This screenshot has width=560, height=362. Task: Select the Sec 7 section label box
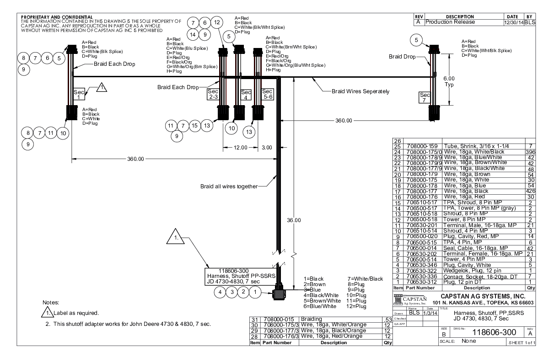coord(425,97)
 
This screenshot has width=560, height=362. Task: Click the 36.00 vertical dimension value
coord(293,220)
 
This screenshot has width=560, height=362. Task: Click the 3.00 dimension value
coord(266,148)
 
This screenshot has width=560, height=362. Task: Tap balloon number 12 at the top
coord(217,22)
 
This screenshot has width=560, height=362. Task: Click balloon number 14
coord(193,34)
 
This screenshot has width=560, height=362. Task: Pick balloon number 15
coord(195,126)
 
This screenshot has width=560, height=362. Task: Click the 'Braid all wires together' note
coord(229,186)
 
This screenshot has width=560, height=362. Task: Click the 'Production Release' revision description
coord(449,21)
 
